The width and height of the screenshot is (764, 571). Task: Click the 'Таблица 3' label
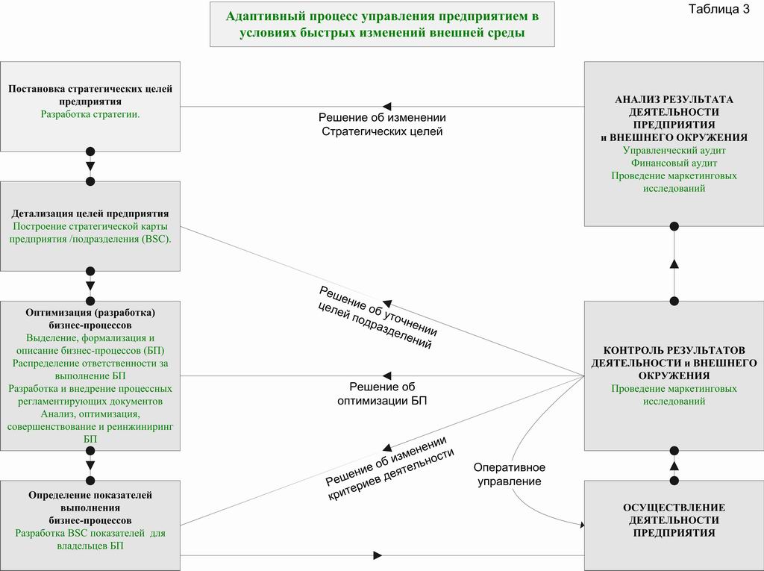point(718,9)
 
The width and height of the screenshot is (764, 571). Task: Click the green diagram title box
point(382,25)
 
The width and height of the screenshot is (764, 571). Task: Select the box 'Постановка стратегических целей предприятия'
point(90,106)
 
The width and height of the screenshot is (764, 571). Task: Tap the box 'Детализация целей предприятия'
point(90,226)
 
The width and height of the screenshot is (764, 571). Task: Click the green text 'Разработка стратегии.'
point(90,115)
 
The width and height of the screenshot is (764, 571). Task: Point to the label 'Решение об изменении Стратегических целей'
point(382,125)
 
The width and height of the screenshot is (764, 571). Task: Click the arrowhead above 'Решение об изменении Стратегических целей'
point(387,106)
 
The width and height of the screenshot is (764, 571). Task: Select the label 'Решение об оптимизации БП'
point(382,393)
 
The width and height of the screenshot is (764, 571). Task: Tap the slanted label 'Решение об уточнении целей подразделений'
point(377,318)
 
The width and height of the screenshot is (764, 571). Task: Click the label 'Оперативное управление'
point(509,475)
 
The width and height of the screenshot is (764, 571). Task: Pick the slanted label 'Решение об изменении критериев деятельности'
point(389,469)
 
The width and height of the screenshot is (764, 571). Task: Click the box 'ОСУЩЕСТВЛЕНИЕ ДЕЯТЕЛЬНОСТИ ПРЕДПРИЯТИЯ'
point(674,525)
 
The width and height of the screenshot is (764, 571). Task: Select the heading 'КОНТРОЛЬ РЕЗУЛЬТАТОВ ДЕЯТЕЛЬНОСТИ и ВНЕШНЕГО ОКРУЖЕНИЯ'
point(674,363)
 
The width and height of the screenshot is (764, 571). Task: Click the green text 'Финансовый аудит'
point(674,163)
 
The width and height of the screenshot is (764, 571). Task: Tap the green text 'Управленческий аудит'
point(674,150)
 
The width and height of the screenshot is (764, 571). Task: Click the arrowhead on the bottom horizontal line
point(378,555)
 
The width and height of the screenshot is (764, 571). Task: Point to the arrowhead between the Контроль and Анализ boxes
point(674,263)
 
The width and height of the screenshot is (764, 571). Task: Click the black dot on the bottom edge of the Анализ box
point(674,226)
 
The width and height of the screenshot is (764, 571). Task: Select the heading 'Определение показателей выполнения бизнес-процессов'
point(90,508)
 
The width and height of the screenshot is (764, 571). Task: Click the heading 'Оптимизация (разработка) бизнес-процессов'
point(90,319)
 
